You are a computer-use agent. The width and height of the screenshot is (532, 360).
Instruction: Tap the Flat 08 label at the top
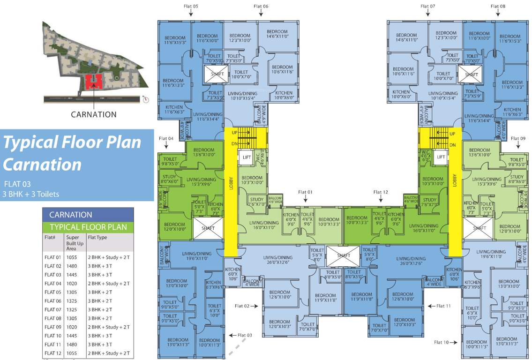tap(498, 6)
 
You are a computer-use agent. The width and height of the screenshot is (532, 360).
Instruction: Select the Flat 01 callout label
tap(305, 192)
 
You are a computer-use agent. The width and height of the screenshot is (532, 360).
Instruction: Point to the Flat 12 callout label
tap(381, 192)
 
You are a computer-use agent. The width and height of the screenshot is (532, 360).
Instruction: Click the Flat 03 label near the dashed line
tap(245, 335)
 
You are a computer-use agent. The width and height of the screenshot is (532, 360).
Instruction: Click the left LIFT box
tap(247, 157)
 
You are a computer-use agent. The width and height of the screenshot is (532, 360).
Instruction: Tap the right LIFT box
tap(441, 157)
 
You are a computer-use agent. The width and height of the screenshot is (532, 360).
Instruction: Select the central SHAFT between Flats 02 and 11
tap(343, 255)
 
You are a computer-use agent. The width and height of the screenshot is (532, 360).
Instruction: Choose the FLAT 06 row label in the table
tap(53, 301)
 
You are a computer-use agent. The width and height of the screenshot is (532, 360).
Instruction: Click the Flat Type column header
tap(97, 237)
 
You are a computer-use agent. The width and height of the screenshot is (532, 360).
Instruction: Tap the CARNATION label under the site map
tap(94, 114)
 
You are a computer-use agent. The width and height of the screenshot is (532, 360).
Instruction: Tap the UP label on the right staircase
tap(452, 134)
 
